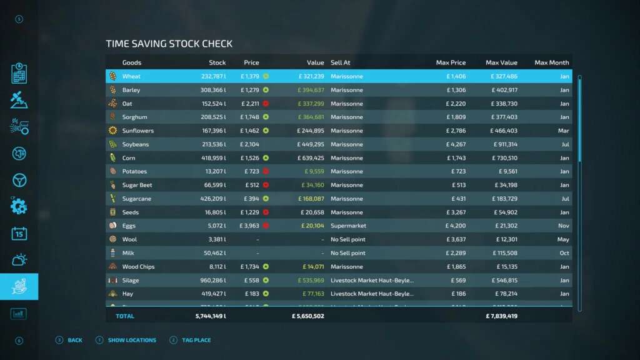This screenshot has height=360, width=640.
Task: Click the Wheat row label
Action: (x=131, y=76)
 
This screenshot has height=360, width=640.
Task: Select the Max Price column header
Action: (x=451, y=62)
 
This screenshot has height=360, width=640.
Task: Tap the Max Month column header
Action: (x=552, y=62)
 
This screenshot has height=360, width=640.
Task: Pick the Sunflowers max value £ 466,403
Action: (x=501, y=131)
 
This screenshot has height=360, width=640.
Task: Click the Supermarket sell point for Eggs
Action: (x=348, y=226)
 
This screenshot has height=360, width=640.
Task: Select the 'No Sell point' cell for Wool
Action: (x=347, y=240)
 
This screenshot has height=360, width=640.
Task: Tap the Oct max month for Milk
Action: (x=564, y=254)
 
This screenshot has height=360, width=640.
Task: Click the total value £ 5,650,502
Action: (x=307, y=316)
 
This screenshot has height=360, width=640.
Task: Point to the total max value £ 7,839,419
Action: (x=501, y=316)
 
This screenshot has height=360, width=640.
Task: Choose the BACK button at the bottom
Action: (x=74, y=341)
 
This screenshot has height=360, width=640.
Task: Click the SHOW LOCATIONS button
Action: (x=132, y=341)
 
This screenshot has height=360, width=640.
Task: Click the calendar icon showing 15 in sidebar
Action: (x=19, y=234)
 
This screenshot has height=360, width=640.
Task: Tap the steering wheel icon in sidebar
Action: (x=19, y=180)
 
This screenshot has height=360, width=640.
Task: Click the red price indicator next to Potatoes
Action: (x=266, y=172)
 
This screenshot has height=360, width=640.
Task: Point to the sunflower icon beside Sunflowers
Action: (x=112, y=131)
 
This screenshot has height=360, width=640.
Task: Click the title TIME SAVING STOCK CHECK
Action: (x=169, y=44)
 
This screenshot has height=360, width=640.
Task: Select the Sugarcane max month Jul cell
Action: (x=565, y=199)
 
